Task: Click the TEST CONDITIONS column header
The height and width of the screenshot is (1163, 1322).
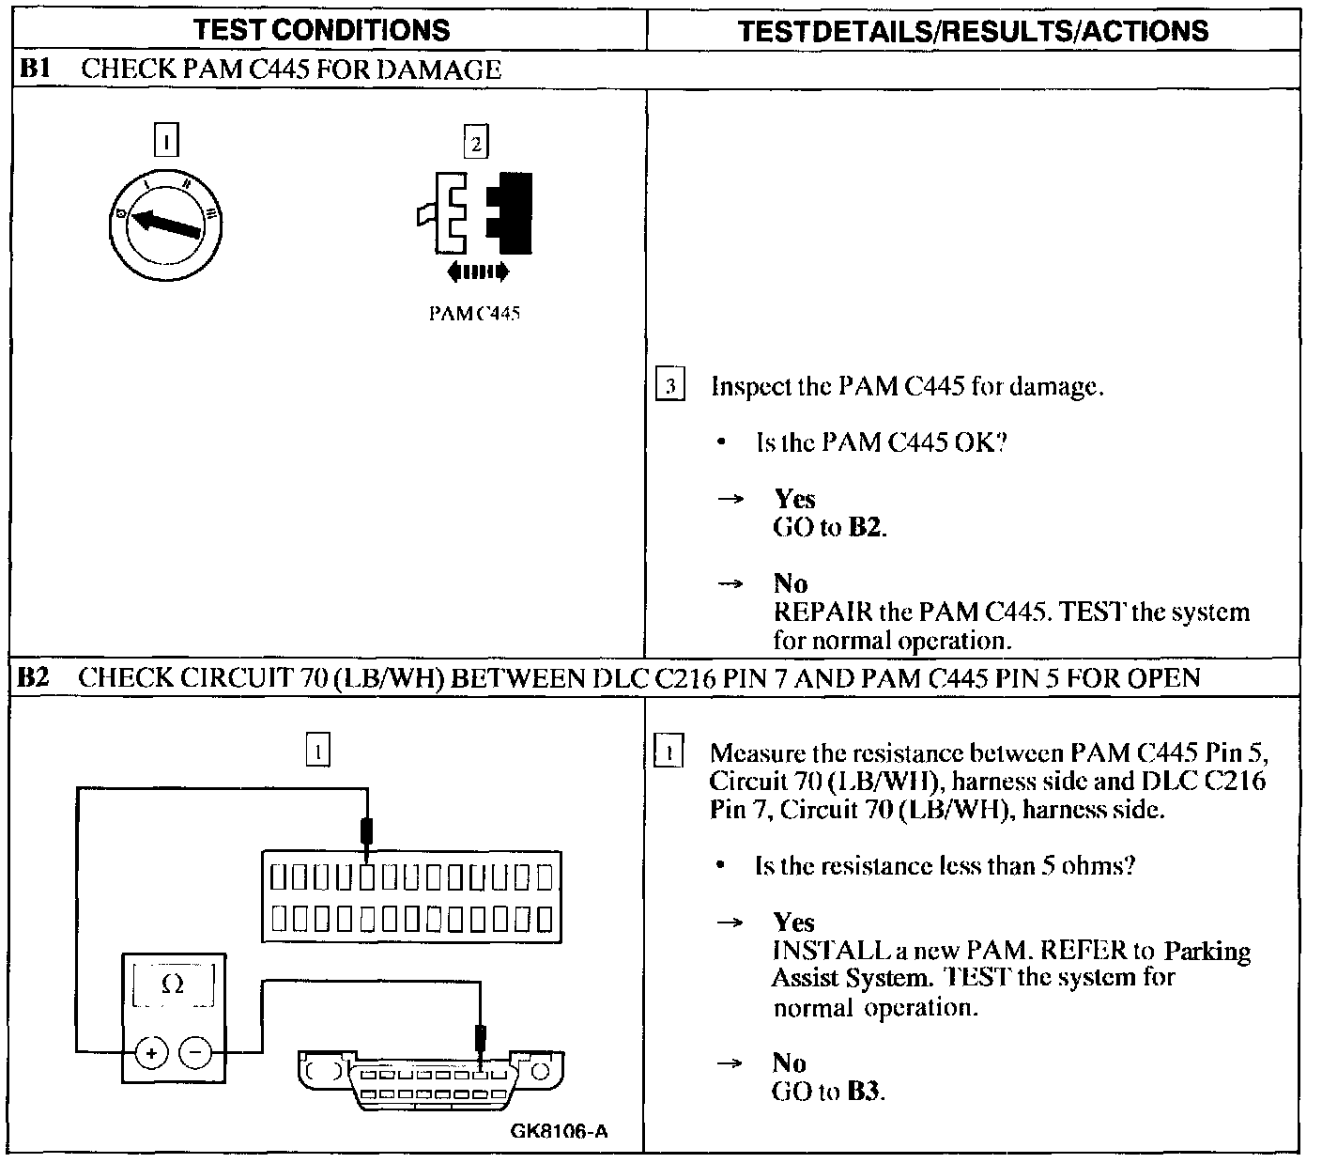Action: click(322, 30)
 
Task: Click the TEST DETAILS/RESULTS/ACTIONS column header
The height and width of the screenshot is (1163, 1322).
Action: click(973, 31)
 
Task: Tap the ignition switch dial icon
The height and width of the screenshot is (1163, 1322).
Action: click(165, 225)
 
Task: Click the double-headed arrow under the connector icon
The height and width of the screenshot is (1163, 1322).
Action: click(477, 272)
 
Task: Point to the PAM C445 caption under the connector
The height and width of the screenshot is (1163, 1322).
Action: click(473, 314)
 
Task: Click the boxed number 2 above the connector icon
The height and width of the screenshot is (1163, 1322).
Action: click(476, 144)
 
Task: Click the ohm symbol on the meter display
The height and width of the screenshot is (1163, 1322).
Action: click(173, 985)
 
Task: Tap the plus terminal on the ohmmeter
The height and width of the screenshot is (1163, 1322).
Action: click(150, 1053)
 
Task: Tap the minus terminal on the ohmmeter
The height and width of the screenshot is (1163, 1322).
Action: click(194, 1053)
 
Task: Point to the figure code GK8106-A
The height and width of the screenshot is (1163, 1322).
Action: click(559, 1131)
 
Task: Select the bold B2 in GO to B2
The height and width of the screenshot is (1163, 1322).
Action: click(866, 528)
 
